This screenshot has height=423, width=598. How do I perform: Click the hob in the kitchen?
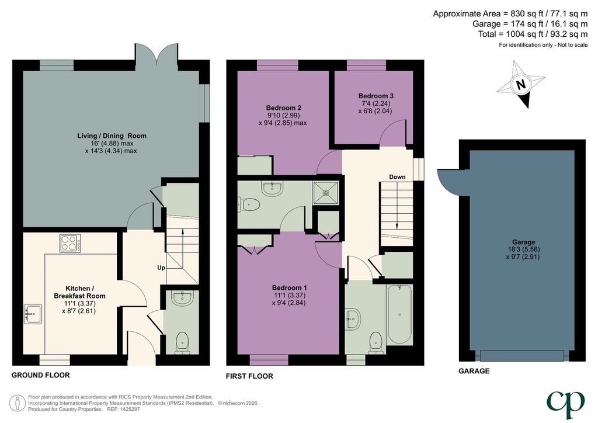(71, 244)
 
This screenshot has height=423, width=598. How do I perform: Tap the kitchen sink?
(33, 314)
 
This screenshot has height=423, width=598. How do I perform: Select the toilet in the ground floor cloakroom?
(183, 342)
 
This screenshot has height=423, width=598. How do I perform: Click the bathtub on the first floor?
(399, 314)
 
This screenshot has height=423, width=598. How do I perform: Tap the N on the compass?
(520, 84)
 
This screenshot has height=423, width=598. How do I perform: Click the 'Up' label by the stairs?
(161, 268)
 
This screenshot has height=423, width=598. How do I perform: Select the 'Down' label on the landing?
(397, 177)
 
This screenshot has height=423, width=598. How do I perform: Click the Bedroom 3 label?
(376, 96)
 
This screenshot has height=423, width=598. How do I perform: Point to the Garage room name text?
(524, 242)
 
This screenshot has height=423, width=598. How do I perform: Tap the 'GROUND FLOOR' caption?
(41, 375)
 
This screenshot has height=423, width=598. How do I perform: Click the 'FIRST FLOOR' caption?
(249, 376)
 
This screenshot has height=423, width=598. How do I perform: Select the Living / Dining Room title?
(112, 136)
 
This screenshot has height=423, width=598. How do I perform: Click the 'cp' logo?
(565, 404)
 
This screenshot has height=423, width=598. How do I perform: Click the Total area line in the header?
(533, 34)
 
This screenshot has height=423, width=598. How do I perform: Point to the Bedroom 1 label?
(290, 287)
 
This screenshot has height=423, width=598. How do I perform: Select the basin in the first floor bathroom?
(353, 318)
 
